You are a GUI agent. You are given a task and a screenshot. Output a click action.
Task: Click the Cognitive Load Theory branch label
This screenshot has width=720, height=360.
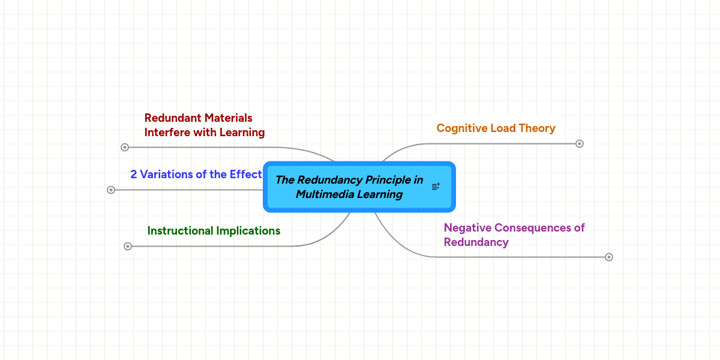[496, 128]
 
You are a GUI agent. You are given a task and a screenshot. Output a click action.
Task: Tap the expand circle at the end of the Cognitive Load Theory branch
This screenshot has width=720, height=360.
[579, 144]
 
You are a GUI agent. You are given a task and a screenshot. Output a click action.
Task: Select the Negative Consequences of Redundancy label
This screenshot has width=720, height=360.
[514, 235]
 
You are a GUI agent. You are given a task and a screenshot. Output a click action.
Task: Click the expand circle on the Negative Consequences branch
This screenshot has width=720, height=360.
[608, 257]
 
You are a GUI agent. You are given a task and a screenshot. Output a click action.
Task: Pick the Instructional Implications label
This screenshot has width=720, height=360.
[214, 231]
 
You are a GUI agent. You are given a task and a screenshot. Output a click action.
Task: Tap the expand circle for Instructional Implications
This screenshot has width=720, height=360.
[127, 246]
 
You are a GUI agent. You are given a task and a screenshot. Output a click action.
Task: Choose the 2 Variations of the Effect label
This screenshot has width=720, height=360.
[196, 175]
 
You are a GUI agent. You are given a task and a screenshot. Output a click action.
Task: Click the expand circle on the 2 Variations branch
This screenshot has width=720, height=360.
[110, 190]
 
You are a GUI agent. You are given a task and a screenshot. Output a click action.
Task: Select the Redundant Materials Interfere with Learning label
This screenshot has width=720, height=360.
[204, 125]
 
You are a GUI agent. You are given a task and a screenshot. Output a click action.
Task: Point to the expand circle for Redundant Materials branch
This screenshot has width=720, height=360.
[125, 147]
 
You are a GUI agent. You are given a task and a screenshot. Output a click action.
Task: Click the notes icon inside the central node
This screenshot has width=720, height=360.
[436, 187]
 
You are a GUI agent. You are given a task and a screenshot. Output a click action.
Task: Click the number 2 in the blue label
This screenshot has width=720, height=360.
[134, 175]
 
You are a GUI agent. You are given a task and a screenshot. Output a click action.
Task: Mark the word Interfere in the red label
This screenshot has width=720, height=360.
[167, 133]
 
